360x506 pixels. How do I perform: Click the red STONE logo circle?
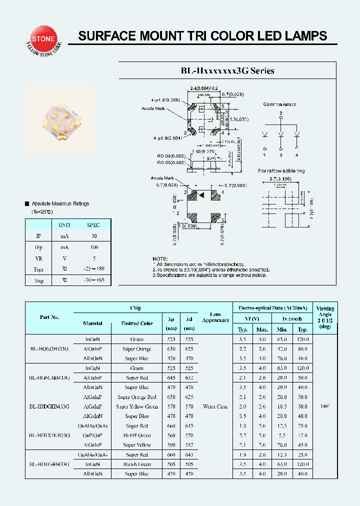click(44, 38)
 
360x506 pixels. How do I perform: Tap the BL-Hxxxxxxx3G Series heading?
click(227, 71)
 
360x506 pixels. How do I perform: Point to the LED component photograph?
click(60, 119)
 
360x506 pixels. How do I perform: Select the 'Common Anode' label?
click(279, 104)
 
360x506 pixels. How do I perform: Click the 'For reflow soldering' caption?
click(281, 171)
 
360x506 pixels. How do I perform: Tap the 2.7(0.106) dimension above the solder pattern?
click(280, 178)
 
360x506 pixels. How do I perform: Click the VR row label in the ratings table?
click(39, 258)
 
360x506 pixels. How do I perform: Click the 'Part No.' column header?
click(49, 317)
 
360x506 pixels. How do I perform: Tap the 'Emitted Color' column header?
click(137, 323)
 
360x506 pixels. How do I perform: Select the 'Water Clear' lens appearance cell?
click(215, 406)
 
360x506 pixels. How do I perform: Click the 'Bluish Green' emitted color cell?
click(137, 464)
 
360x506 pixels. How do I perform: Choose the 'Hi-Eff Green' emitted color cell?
click(137, 435)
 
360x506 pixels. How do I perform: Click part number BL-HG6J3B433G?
click(49, 348)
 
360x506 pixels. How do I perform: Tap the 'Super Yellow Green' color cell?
click(137, 406)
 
